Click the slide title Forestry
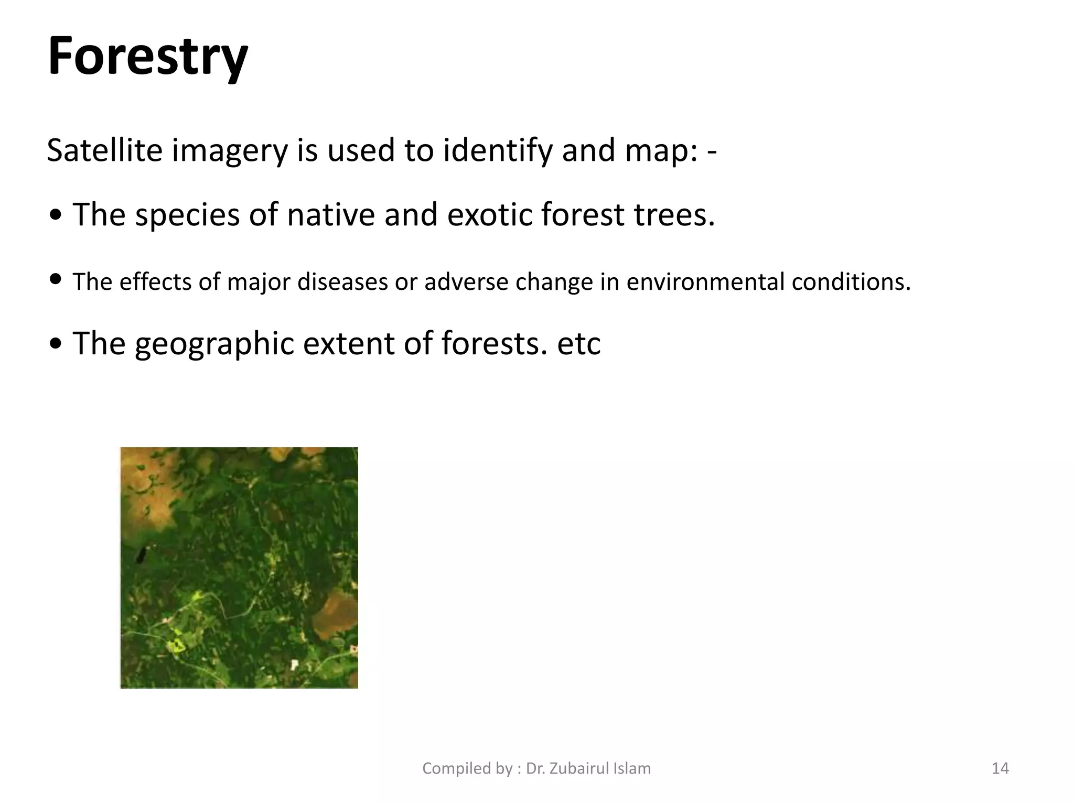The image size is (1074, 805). (147, 56)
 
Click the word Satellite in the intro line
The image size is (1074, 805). (104, 150)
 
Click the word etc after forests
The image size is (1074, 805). (578, 344)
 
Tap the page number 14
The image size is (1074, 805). (1000, 768)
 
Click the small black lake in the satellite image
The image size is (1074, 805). (141, 554)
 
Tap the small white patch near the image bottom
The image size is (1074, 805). (294, 665)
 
